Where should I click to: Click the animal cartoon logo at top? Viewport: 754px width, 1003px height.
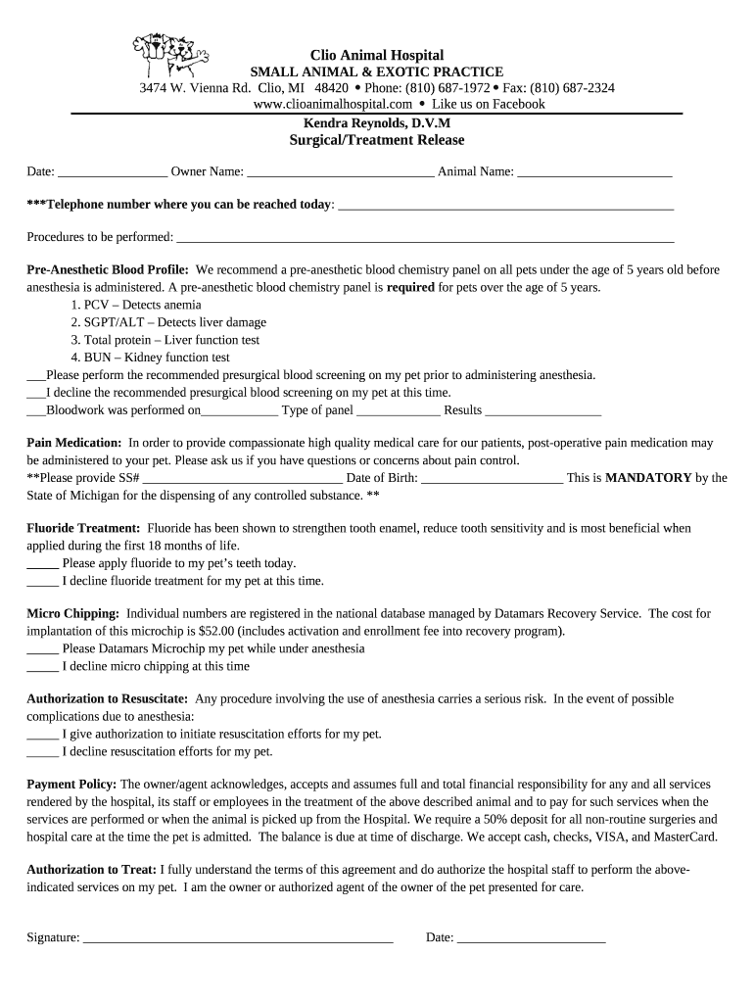(x=168, y=60)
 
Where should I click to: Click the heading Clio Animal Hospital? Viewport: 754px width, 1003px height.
(x=377, y=55)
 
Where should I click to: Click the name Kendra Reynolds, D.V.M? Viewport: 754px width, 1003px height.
(x=377, y=123)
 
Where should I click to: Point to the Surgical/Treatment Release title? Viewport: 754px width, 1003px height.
(x=377, y=140)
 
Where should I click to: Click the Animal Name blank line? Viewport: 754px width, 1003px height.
(x=594, y=174)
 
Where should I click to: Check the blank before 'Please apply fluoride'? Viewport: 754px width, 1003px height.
(x=42, y=565)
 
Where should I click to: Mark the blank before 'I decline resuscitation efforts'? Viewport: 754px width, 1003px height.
(x=42, y=754)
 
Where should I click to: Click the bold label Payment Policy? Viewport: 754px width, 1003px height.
(x=71, y=785)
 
